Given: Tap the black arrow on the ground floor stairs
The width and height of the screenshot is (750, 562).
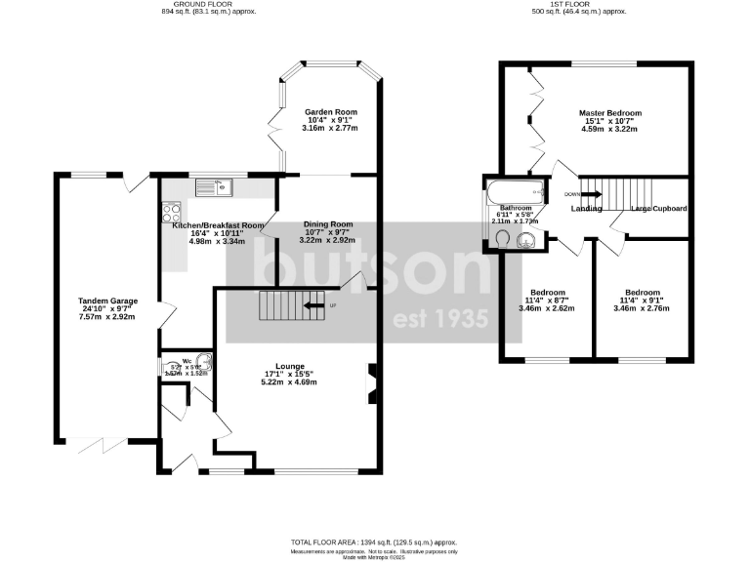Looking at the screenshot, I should [313, 305].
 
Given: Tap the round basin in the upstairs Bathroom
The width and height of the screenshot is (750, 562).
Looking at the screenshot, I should [528, 234].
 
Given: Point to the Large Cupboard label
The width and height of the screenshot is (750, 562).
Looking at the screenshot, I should [658, 209].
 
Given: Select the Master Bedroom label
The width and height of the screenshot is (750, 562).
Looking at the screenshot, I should [609, 112].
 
